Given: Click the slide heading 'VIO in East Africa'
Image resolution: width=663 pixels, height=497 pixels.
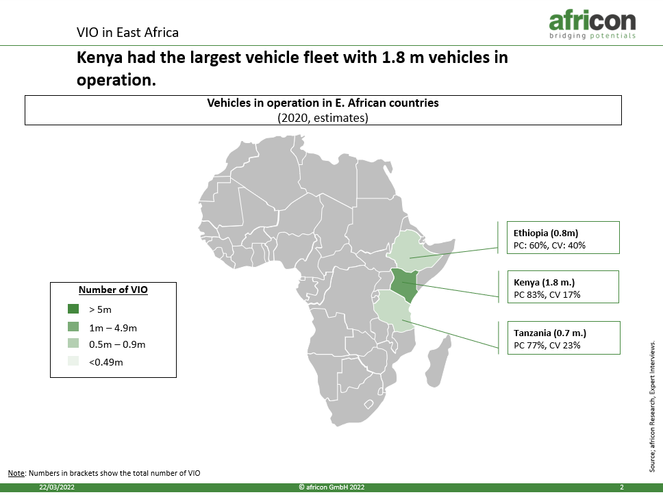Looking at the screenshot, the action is point(127,33).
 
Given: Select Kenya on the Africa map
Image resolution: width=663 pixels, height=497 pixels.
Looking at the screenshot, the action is point(404,284).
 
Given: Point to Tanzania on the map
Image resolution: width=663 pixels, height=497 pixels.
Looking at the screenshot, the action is point(392,311).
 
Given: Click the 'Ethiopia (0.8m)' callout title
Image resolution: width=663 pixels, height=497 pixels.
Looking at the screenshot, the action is point(545,233).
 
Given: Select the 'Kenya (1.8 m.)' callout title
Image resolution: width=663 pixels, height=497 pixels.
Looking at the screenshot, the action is point(545,282).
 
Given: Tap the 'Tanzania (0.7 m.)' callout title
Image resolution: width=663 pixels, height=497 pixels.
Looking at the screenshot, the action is point(550,333).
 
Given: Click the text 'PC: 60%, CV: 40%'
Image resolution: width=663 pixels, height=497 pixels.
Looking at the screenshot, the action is point(549,246).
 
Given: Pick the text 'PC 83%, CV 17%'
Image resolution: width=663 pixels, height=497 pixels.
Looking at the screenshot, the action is point(547,294).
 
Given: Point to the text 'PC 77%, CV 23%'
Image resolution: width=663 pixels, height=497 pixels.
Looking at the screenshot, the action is point(547,345).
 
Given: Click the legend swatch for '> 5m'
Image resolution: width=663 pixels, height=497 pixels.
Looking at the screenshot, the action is point(73,309).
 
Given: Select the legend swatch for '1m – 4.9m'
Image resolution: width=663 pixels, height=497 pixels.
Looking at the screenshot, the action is point(73,327).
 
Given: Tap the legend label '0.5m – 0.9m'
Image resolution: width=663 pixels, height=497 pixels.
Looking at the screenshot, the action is point(117,344).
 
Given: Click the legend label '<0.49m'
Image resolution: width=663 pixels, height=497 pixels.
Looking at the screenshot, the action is point(105,362).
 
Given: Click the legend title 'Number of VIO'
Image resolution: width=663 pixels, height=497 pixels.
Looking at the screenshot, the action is point(113,290).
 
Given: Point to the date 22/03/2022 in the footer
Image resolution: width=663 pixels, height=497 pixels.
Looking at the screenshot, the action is point(57,487).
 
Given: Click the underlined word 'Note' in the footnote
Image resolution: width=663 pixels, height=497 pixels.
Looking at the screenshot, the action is point(16,473).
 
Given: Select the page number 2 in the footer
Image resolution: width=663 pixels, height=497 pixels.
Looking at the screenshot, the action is point(622,487).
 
